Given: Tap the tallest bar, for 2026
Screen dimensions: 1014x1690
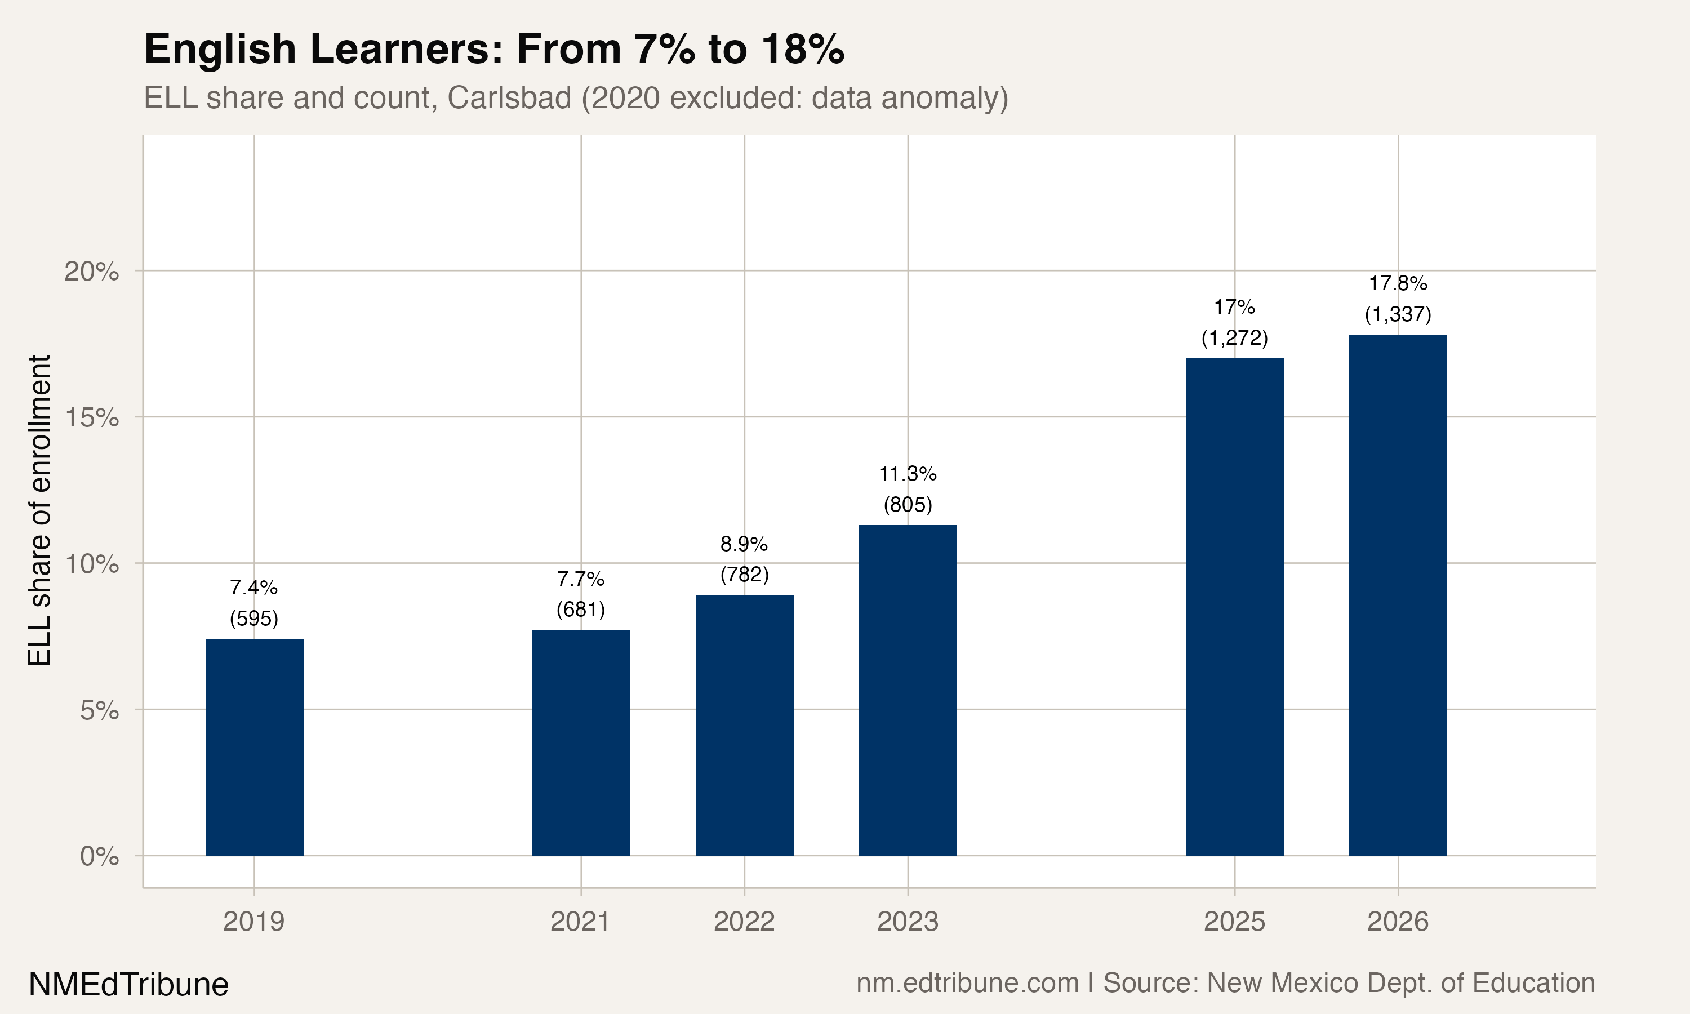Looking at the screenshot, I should click(1398, 594).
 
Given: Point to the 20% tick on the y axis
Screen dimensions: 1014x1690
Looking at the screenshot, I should click(91, 272).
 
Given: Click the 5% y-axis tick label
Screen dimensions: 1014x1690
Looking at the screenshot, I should click(99, 710).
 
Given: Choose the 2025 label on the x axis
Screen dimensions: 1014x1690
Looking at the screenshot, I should click(1234, 922).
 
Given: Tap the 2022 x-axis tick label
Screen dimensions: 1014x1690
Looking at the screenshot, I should click(744, 922).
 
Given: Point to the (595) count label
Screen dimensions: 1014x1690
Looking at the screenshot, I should click(254, 619).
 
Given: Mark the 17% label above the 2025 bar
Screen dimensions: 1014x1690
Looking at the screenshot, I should click(1234, 308).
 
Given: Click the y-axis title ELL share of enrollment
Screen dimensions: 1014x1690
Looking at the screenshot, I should click(39, 510).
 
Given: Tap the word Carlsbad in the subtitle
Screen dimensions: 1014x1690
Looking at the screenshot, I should click(509, 97).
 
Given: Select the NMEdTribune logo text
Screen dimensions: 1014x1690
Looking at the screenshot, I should click(128, 984).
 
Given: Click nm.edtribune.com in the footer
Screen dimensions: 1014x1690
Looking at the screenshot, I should click(967, 982).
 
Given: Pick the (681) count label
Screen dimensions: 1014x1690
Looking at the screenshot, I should click(581, 609).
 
